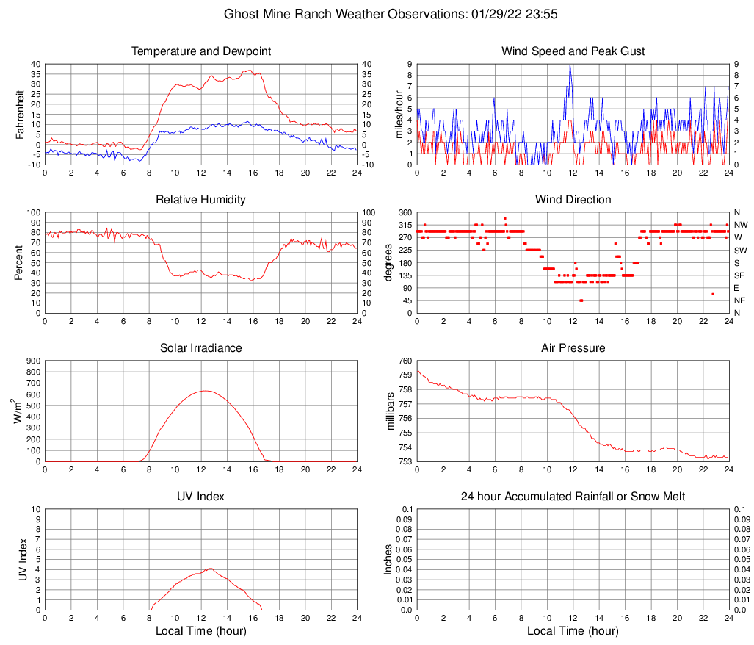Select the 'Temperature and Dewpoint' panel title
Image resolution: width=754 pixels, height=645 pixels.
201,51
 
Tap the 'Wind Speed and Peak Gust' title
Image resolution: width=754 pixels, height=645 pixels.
573,51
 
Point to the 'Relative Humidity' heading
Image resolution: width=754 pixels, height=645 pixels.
201,200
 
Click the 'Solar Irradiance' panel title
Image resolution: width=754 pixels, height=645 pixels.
201,348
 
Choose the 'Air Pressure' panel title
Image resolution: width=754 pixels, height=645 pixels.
573,348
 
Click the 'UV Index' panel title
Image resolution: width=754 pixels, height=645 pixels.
201,497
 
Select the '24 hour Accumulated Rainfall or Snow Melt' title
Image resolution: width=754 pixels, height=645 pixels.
573,497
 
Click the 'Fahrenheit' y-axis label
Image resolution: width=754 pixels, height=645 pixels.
20,115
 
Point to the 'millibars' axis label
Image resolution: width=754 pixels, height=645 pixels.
391,411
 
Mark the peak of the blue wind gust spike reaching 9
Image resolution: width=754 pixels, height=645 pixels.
570,65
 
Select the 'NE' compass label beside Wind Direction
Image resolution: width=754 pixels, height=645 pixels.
741,300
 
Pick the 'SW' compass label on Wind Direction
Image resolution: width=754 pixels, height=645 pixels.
741,251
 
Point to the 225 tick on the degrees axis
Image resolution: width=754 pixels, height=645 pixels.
404,251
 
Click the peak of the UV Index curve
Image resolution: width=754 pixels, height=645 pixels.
211,568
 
